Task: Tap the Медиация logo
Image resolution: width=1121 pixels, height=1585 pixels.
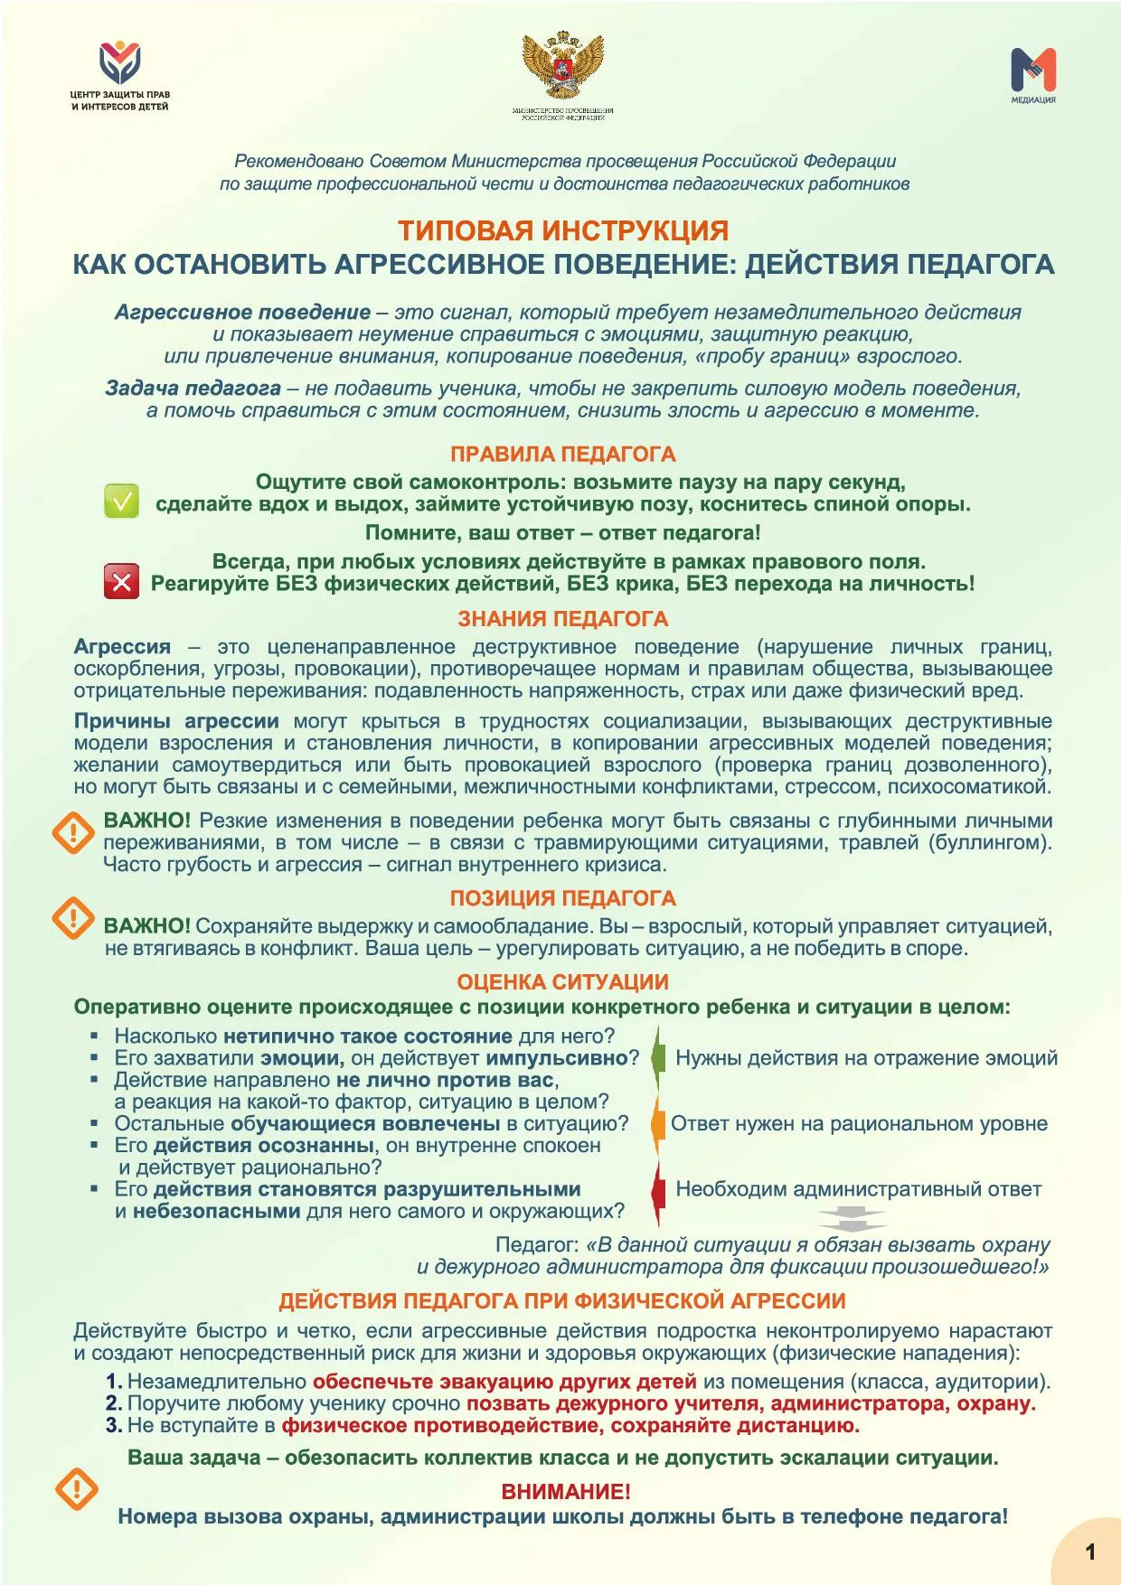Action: (1033, 70)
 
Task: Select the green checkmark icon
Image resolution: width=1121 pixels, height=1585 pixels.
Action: (121, 501)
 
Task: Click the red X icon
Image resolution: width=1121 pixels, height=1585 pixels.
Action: (121, 581)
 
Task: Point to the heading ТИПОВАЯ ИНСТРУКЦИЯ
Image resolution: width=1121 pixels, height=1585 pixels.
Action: (563, 230)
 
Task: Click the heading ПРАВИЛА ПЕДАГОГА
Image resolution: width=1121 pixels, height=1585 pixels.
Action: (563, 454)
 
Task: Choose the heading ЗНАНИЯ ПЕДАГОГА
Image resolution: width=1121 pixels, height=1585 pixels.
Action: (563, 619)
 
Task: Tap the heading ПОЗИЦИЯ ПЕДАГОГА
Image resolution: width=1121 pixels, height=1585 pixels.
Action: (563, 898)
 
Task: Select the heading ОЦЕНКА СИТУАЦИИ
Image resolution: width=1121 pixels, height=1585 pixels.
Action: (563, 982)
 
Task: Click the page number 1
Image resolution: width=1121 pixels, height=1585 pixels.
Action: (1090, 1552)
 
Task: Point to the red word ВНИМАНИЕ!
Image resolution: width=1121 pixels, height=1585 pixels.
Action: (566, 1491)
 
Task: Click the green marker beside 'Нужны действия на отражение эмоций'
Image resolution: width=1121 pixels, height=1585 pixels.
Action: (658, 1057)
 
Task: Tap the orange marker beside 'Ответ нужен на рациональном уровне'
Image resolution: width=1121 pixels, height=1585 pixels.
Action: (657, 1124)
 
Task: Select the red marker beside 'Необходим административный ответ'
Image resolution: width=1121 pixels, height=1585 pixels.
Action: (658, 1190)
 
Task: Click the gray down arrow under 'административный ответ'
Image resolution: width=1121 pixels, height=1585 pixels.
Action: (852, 1219)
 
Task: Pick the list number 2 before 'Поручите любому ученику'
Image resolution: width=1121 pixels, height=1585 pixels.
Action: (113, 1403)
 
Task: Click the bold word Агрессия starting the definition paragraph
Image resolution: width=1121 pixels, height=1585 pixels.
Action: (122, 647)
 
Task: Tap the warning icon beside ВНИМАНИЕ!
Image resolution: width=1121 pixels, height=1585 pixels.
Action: (77, 1488)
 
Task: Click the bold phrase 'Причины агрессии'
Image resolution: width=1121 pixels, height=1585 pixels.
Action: (176, 721)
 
